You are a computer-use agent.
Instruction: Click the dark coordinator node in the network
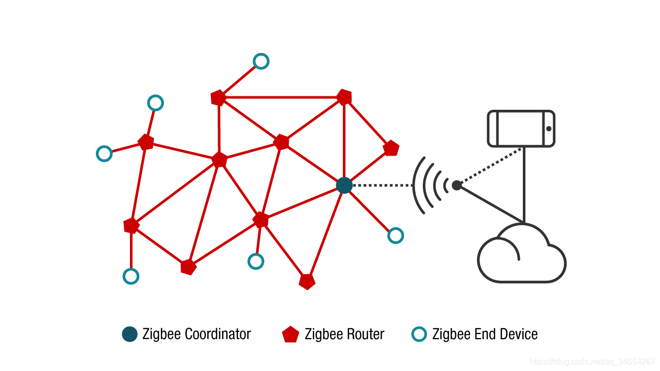tap(344, 185)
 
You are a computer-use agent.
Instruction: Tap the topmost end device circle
tap(261, 61)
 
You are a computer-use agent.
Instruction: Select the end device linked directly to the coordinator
tap(395, 235)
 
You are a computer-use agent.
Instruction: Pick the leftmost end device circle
tap(104, 154)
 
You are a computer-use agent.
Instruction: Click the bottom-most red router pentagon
tap(307, 281)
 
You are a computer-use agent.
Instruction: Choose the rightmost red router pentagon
tap(391, 148)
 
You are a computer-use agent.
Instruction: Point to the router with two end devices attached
tap(146, 142)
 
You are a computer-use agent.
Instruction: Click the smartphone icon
tap(521, 128)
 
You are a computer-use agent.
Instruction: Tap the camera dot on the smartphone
tap(549, 128)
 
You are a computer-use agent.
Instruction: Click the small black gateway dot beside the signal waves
tap(456, 185)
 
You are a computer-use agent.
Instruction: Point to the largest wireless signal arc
tap(417, 185)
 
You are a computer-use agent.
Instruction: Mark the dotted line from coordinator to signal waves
tap(382, 185)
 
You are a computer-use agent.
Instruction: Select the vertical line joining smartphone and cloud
tap(524, 185)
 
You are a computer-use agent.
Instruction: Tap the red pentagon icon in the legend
tap(290, 334)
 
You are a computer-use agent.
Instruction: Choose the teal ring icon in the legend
tap(419, 334)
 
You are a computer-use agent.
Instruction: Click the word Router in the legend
tap(365, 334)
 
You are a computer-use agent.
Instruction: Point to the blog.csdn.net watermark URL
tap(592, 362)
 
